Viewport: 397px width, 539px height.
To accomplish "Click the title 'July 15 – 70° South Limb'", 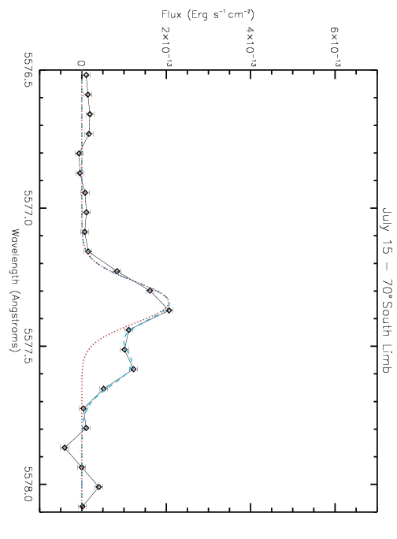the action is [387, 290].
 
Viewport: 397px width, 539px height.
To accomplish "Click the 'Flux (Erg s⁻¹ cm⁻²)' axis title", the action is [208, 15].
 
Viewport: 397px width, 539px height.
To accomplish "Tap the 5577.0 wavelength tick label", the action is [30, 208].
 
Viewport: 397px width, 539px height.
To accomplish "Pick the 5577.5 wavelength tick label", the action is [30, 346].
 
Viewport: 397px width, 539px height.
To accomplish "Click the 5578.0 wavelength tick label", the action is [30, 484].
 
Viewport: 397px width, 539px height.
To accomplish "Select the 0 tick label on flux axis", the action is [81, 63].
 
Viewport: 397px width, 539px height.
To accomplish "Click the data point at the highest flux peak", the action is [169, 310].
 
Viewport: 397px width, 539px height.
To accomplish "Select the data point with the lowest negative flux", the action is [65, 448].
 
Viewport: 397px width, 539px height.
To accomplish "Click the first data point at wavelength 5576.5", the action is [86, 75].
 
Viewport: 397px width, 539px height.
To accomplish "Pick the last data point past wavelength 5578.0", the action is [82, 507].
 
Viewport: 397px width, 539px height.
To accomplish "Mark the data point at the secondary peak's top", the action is [133, 370].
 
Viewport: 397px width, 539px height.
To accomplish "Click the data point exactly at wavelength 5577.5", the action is [124, 350].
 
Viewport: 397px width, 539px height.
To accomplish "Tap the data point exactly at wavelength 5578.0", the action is [98, 487].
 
